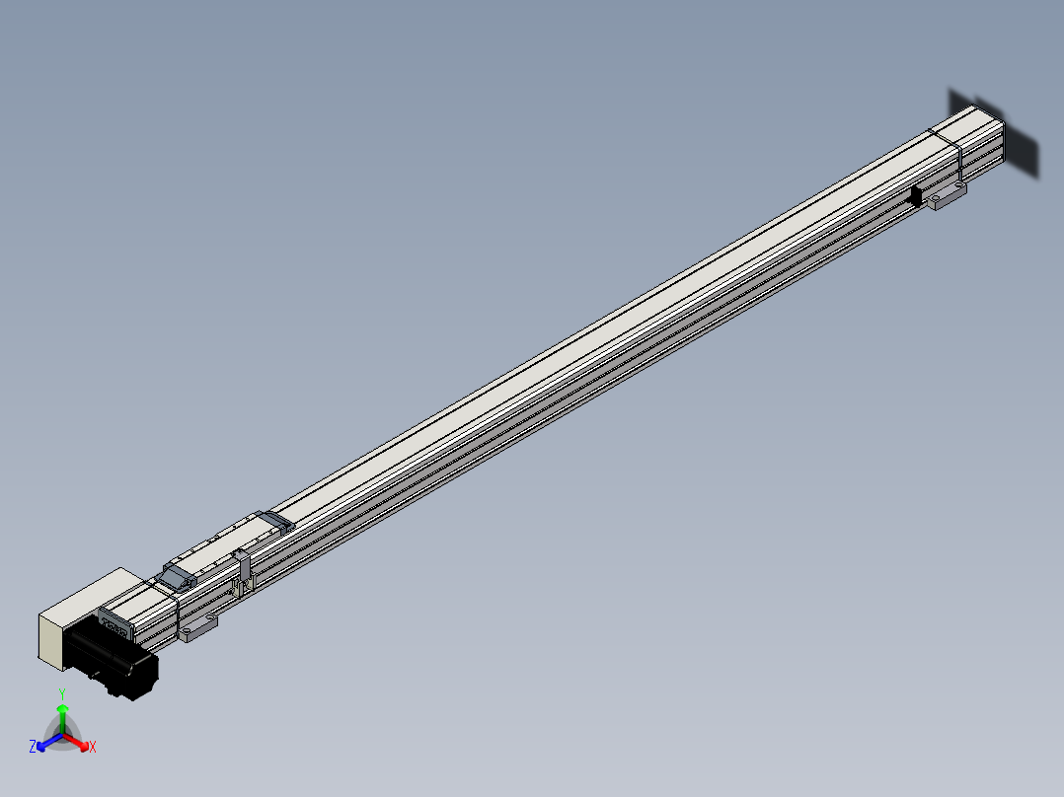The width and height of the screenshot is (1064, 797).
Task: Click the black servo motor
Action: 112,660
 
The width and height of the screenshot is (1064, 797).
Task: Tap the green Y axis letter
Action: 62,694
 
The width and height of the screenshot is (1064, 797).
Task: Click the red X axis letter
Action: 93,747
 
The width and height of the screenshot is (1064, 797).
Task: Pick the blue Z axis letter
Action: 33,747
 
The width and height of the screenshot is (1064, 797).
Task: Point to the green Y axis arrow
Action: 62,719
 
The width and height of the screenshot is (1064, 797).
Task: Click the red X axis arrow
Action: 76,741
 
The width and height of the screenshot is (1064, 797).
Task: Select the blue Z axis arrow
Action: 49,741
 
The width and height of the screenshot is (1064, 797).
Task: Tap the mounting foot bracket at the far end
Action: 948,195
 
